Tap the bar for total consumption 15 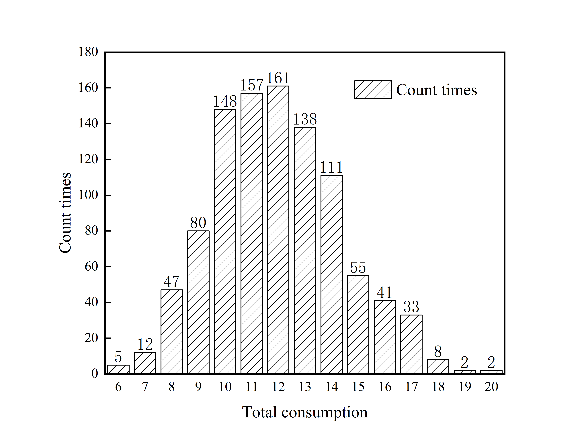(x=358, y=325)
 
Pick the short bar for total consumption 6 (x=118, y=369)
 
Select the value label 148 (x=225, y=101)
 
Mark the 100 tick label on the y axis (x=88, y=195)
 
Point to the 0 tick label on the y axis (x=94, y=374)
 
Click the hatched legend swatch (x=373, y=90)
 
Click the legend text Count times (x=437, y=90)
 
